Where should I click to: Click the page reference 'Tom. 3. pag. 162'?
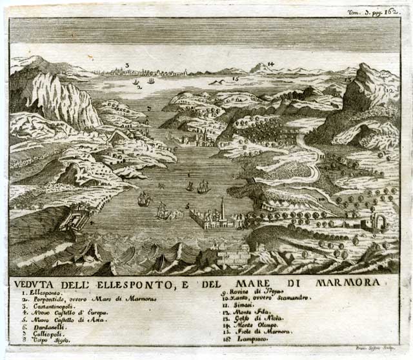pos(383,12)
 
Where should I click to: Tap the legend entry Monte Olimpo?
pos(249,326)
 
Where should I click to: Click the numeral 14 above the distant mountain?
pos(271,64)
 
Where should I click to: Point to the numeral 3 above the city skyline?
pos(127,65)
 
